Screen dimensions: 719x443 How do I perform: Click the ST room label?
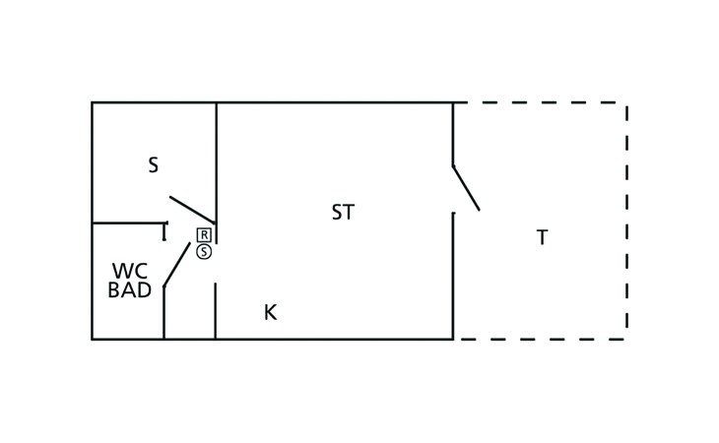(343, 212)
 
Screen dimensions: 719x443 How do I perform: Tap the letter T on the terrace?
(542, 237)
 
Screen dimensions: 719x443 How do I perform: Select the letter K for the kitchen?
(271, 312)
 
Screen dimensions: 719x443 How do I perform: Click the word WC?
(130, 271)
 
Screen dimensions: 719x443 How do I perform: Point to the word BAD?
(130, 290)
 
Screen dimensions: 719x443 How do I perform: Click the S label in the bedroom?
(153, 164)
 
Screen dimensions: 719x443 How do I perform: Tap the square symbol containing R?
(204, 235)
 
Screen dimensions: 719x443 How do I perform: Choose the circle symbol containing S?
(204, 251)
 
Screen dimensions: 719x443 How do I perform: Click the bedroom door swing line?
(192, 210)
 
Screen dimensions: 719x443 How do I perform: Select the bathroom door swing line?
(176, 265)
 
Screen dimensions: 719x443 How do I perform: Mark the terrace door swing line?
(466, 188)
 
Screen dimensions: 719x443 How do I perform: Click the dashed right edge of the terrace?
(626, 221)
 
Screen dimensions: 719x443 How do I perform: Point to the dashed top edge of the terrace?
(540, 102)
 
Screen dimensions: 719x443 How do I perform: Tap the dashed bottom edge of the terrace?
(540, 340)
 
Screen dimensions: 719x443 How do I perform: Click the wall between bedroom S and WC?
(129, 223)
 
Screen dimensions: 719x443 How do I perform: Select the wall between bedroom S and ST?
(217, 173)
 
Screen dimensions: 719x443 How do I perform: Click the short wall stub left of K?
(215, 311)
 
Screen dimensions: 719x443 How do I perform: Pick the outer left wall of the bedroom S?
(93, 163)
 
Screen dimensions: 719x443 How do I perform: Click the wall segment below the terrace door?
(453, 276)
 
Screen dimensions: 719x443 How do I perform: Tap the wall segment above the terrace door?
(453, 134)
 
